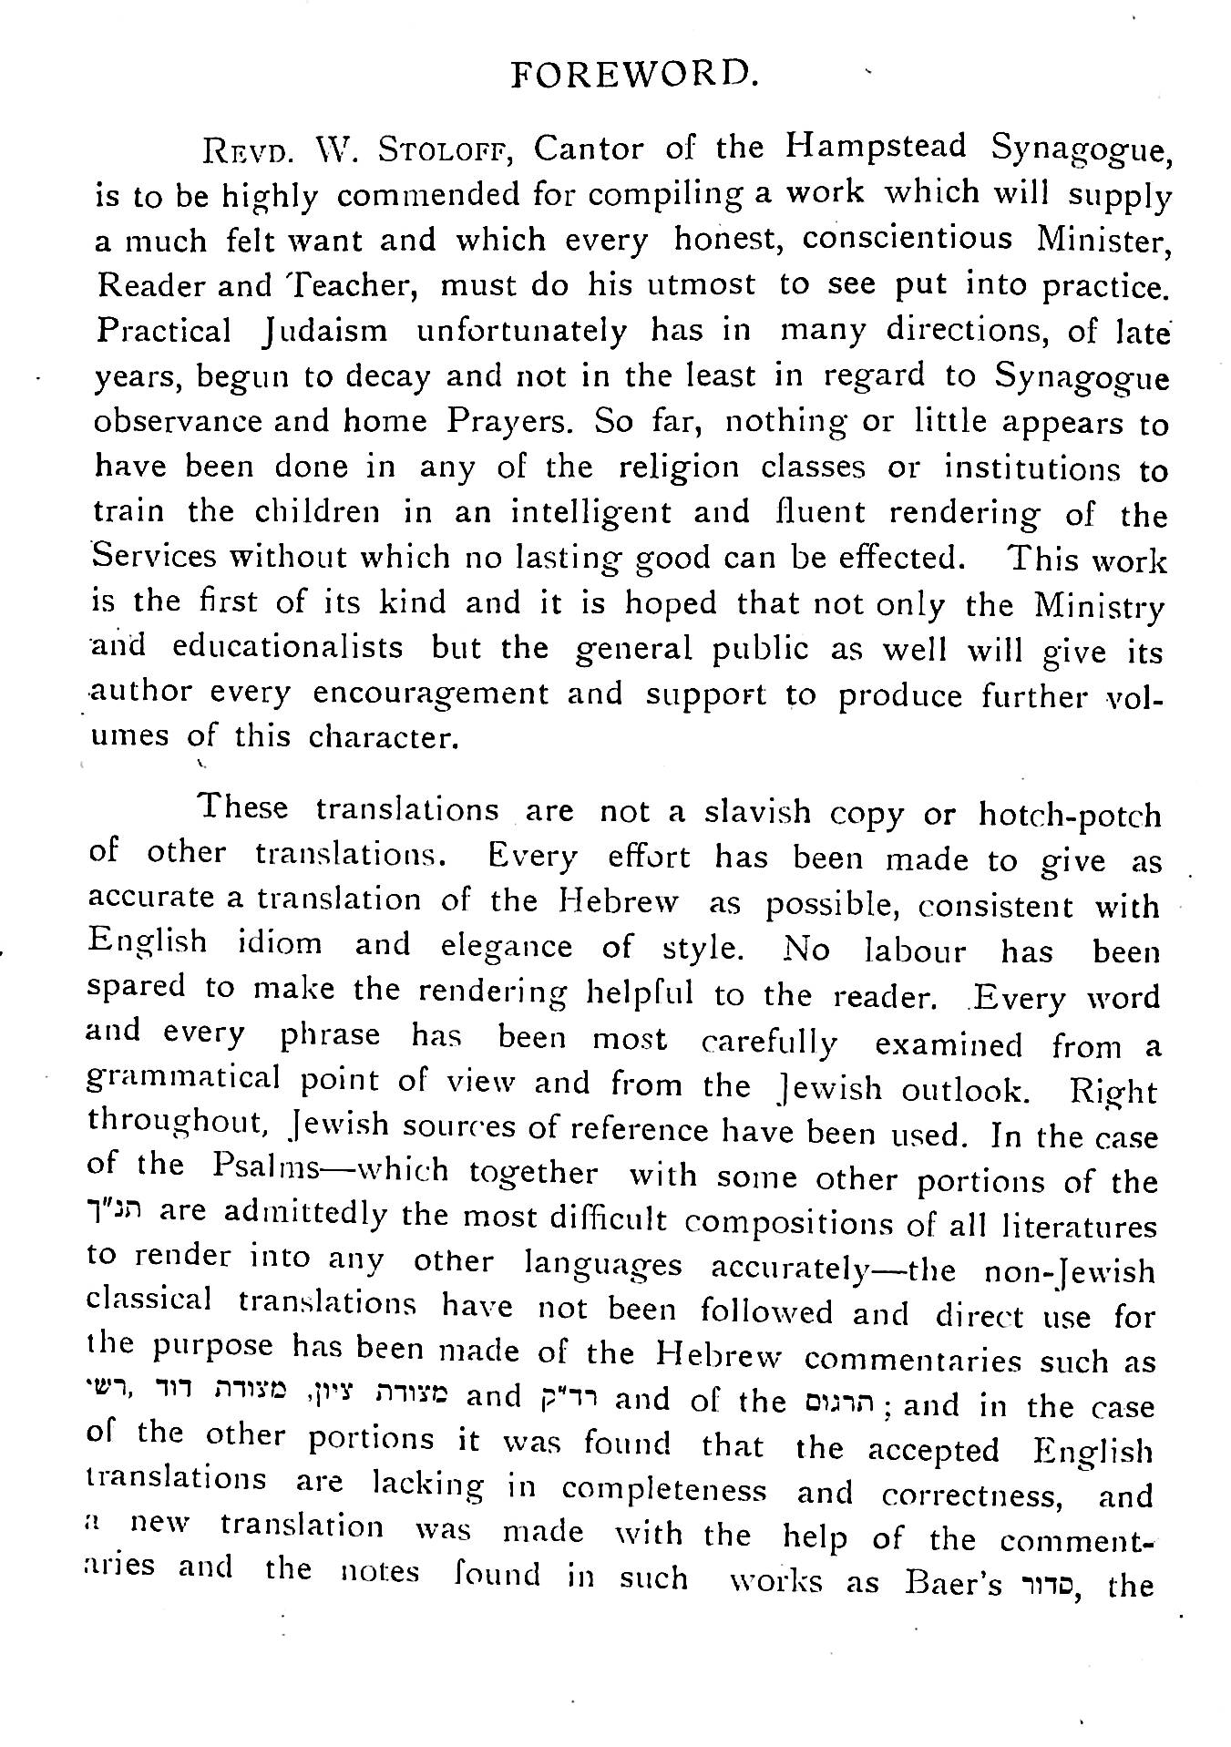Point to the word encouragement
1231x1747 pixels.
point(430,694)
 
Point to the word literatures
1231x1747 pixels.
point(1079,1226)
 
